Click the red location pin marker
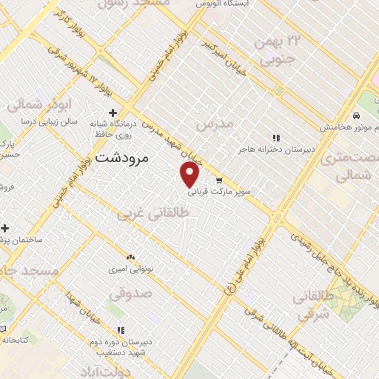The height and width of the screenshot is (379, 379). (x=191, y=174)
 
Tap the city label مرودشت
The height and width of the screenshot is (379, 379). (x=123, y=157)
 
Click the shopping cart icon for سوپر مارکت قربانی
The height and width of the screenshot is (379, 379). (x=219, y=180)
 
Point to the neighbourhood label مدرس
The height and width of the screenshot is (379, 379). (x=215, y=121)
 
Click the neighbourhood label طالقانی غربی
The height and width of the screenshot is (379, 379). (x=154, y=212)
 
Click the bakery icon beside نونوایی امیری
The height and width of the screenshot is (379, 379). (x=131, y=257)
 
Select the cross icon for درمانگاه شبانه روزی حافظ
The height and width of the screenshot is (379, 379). (x=113, y=113)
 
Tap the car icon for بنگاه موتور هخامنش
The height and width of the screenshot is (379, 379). (x=357, y=116)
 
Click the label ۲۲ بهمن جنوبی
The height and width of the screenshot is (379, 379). (x=276, y=51)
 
